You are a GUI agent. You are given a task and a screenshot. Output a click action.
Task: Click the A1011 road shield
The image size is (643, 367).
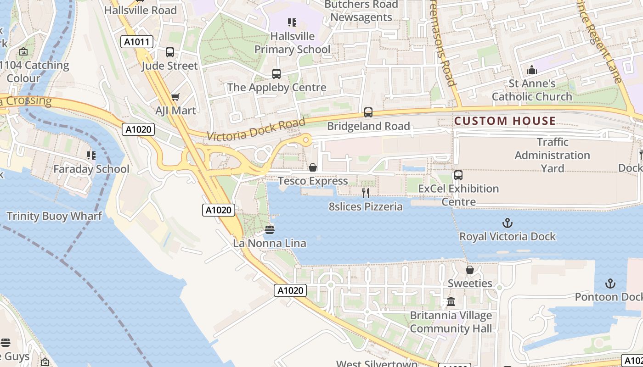[x=137, y=42]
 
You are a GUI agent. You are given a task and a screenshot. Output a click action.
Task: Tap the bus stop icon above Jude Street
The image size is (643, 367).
[x=170, y=52]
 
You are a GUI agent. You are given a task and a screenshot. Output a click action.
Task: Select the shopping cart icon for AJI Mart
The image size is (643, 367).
[x=175, y=97]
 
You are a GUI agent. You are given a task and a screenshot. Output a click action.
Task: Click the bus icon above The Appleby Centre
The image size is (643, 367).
[x=276, y=73]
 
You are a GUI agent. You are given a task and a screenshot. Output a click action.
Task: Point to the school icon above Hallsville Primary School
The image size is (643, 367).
[x=292, y=22]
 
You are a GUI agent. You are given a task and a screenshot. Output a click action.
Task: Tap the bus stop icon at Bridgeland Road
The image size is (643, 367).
[x=368, y=112]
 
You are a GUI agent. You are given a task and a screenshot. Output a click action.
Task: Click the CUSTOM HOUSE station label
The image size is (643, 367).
[x=505, y=121]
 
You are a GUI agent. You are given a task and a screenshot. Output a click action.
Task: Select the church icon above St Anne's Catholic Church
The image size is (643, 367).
[x=532, y=70]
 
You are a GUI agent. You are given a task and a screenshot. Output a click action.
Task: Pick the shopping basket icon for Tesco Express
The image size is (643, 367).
[x=313, y=167]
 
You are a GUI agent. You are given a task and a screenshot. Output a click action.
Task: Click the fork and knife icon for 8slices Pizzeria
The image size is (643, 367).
[x=366, y=193]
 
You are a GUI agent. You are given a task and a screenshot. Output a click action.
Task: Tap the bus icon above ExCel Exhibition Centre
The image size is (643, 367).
[x=458, y=175]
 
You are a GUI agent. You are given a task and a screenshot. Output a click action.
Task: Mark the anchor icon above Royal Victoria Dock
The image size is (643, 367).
[x=508, y=223]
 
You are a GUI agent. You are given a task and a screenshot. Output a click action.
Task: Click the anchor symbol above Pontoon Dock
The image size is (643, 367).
[x=610, y=284]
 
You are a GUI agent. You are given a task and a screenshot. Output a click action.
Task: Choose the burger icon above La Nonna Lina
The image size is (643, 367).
[x=270, y=229]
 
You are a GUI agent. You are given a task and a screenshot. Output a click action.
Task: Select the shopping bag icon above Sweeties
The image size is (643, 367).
[x=469, y=270]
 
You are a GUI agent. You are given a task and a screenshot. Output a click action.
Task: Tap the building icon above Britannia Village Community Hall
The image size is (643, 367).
[x=451, y=302]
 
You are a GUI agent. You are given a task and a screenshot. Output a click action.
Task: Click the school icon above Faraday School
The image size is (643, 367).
[x=91, y=156]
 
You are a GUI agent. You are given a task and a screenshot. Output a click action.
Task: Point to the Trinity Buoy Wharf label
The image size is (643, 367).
[x=54, y=216]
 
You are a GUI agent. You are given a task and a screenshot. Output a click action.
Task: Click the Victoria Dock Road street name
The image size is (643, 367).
[x=256, y=129]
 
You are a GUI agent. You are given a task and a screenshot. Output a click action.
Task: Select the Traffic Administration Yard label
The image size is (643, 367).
[x=552, y=155]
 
